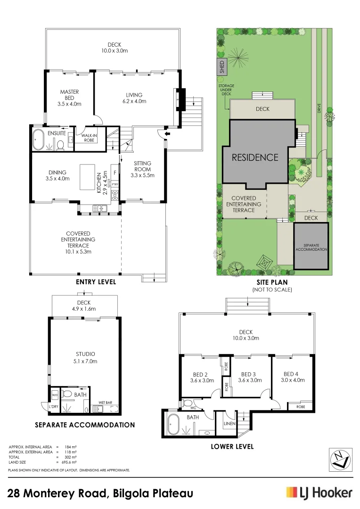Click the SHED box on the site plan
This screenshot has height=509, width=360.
(222, 67)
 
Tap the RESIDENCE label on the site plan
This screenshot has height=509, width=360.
(255, 158)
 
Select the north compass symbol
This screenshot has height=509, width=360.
(341, 460)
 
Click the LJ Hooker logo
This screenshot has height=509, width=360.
(319, 493)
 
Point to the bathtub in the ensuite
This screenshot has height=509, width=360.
(39, 140)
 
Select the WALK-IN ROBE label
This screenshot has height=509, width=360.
(89, 138)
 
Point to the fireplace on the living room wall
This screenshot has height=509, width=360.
(180, 99)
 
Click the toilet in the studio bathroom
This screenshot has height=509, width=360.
(67, 394)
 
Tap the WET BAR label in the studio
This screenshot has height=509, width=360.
(105, 402)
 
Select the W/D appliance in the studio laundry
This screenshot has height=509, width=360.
(55, 395)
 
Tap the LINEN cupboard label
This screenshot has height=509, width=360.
(229, 423)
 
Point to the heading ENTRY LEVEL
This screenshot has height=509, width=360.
(96, 282)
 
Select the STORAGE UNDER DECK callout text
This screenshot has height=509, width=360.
(226, 90)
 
